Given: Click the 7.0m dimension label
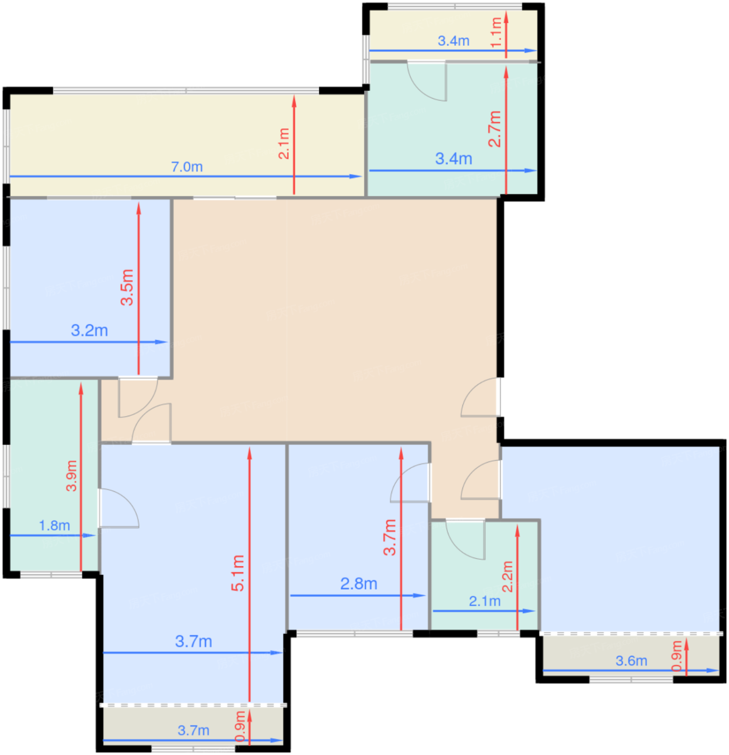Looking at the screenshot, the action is tap(187, 167).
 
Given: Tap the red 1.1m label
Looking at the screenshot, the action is tap(496, 32).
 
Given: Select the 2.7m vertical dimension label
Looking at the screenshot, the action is tap(494, 128).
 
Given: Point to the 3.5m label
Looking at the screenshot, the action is tap(127, 287).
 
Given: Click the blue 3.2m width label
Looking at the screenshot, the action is tap(89, 330).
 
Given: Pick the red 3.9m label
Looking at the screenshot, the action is tap(71, 476).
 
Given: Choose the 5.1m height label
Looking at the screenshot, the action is tap(237, 573).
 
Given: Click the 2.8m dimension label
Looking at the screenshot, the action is tap(359, 584).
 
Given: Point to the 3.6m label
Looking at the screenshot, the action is tap(631, 661).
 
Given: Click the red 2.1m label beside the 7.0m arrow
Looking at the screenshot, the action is tap(284, 143).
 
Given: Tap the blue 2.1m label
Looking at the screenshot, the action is tap(485, 601).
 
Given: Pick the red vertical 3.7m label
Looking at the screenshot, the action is tap(390, 537).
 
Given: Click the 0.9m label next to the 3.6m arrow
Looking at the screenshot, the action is tap(677, 656).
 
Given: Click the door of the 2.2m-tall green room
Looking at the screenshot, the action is tap(465, 539).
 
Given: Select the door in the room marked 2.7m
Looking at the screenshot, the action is tap(427, 81).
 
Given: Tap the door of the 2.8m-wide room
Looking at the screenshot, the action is tap(410, 482).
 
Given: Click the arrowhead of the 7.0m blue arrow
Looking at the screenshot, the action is tap(355, 176).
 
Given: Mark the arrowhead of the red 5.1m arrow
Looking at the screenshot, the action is tap(249, 453).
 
